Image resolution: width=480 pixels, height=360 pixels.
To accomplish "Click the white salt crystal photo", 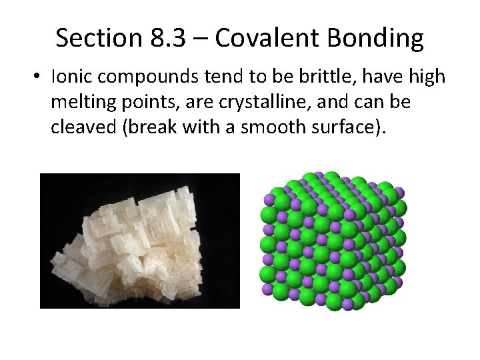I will [x=139, y=241].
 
